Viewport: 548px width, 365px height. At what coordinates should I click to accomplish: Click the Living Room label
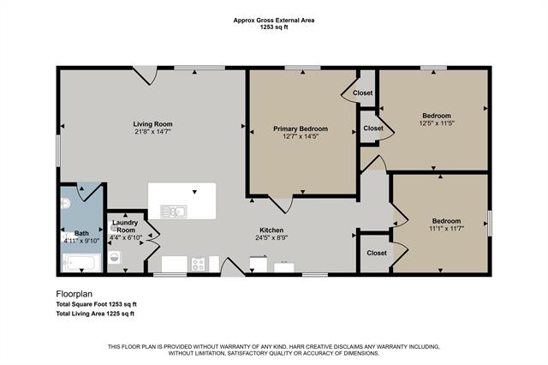pos(152,123)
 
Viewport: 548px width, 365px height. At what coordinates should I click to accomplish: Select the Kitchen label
pos(272,230)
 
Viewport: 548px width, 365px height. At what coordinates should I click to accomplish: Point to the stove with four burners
pos(198,265)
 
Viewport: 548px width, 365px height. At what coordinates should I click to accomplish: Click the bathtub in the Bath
pos(82,263)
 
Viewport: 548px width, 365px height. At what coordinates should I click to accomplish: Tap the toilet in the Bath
pos(66,204)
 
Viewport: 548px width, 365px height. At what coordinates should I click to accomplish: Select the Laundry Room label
pos(125,227)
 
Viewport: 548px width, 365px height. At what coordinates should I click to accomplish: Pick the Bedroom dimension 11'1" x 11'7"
pos(445,228)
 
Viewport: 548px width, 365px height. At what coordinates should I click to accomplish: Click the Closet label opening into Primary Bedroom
pos(362,93)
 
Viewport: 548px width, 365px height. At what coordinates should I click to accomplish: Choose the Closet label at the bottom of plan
pos(376,253)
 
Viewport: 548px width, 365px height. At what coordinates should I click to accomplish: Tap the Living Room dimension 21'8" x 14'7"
pos(152,131)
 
